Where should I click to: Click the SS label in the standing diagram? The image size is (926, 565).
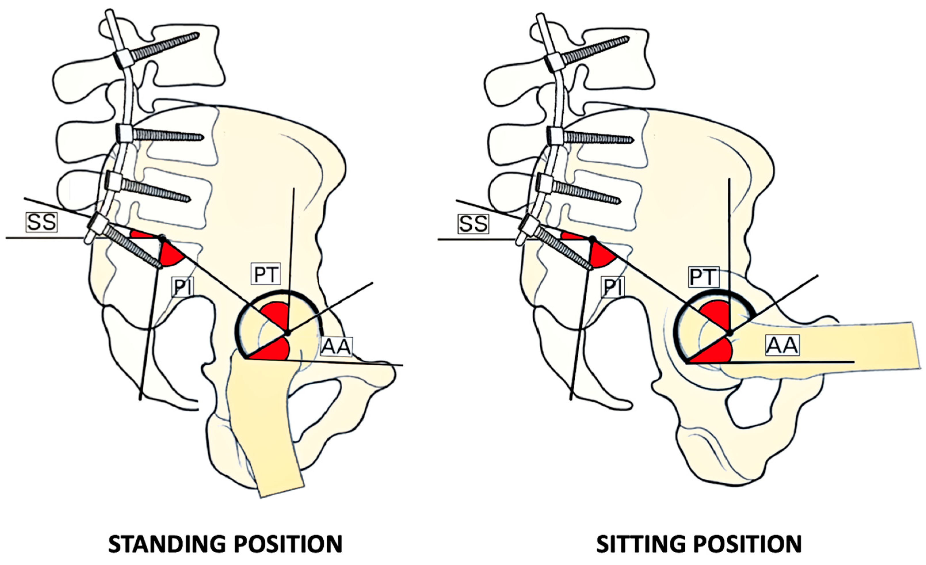[x=41, y=222]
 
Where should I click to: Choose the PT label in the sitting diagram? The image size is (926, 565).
[x=704, y=277]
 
